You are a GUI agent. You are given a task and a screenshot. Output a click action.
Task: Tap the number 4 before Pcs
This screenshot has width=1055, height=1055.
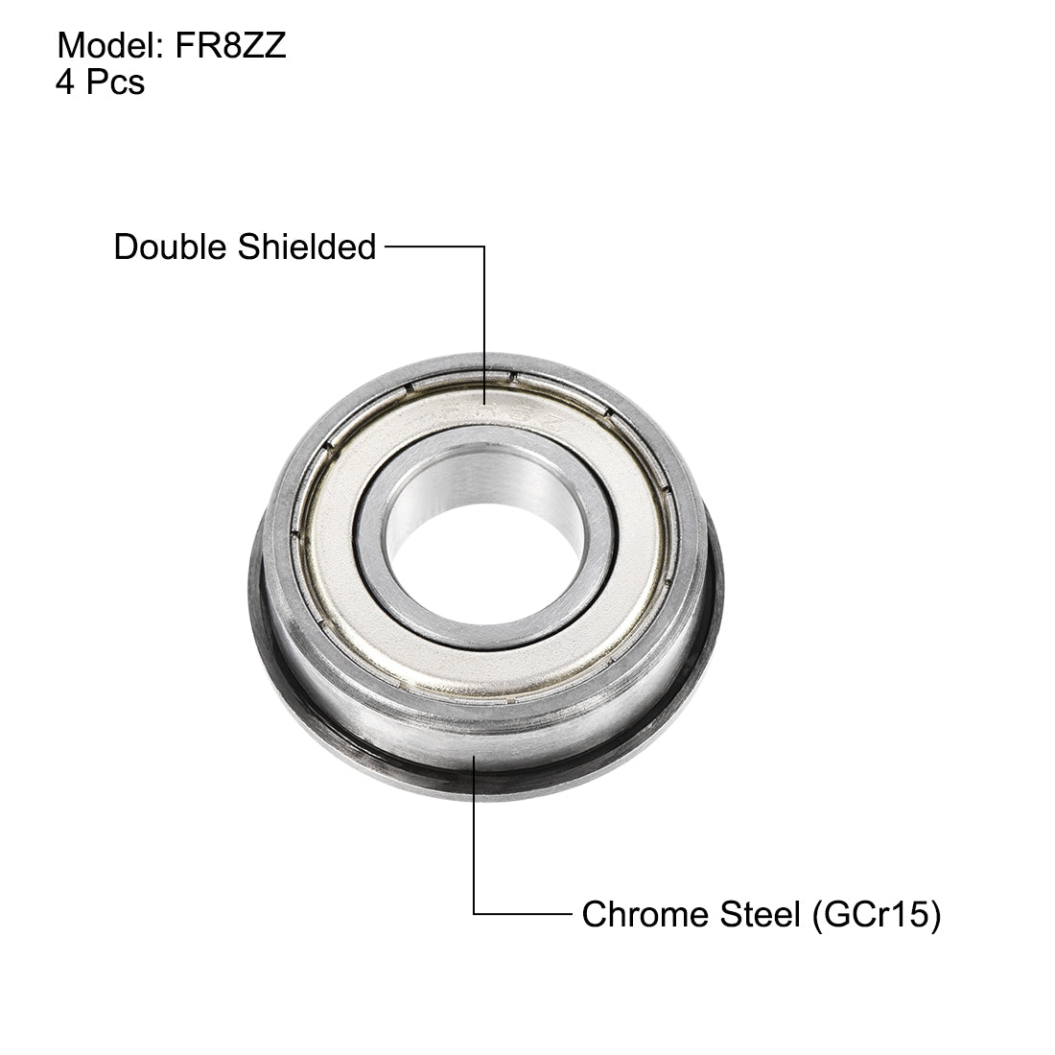tap(65, 82)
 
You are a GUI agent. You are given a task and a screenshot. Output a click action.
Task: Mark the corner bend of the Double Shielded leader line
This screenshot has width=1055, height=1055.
tap(484, 247)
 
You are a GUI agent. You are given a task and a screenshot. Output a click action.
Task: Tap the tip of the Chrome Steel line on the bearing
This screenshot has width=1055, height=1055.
tap(475, 758)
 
